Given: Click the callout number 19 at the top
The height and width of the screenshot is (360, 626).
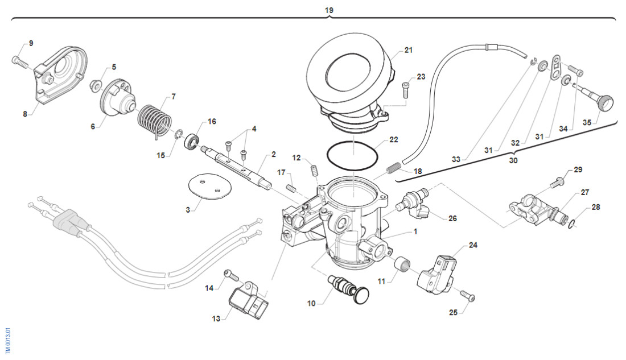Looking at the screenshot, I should point(329,10).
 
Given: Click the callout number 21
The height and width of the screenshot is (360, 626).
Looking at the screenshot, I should point(408,50).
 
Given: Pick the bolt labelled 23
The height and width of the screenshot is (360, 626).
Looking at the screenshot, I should point(405,90).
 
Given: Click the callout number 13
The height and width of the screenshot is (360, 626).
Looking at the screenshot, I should point(216,319).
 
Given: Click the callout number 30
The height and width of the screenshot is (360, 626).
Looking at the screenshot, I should point(513,161).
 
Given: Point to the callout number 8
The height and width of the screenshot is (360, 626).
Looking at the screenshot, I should point(25,114).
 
